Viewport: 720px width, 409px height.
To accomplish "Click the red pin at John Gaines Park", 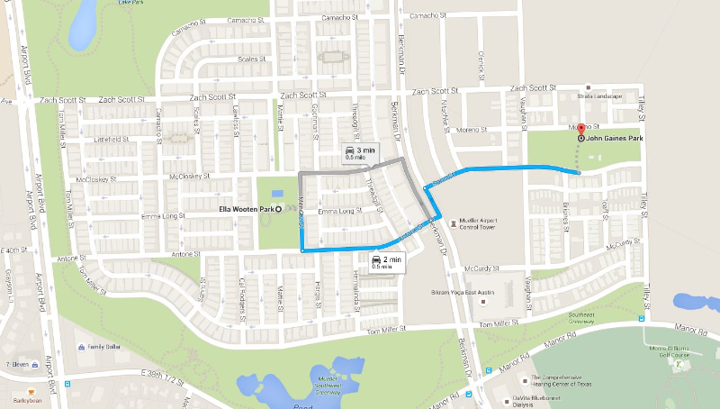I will click(580, 130).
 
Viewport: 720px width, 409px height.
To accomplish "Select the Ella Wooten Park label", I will click(247, 209).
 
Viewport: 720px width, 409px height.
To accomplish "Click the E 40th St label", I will click(15, 249).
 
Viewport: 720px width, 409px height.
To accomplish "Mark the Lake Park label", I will click(131, 4).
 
